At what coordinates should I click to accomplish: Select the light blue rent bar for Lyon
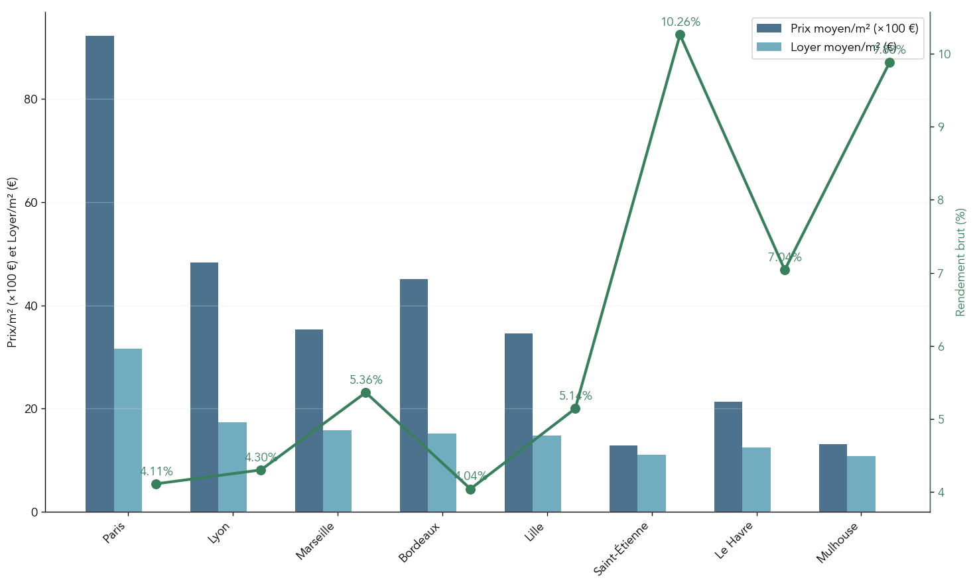232,467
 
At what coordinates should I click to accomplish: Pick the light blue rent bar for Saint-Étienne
651,483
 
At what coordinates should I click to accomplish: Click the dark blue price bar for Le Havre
728,457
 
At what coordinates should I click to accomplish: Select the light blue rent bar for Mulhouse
861,484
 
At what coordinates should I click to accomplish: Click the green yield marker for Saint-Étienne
680,34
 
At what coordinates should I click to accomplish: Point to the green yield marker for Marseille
365,393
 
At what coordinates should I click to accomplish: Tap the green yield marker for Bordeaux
470,489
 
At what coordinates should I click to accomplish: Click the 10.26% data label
681,22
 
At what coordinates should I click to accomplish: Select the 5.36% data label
366,380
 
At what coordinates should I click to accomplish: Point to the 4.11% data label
157,471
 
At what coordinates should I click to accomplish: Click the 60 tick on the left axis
31,202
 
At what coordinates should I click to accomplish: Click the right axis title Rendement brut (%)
960,262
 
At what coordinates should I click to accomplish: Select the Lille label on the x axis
535,532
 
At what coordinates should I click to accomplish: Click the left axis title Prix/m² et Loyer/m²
13,262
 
